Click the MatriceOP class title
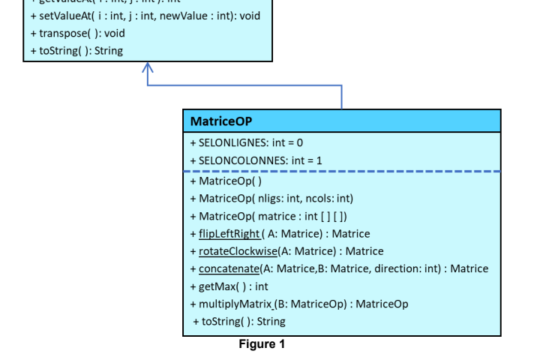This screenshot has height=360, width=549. coord(221,121)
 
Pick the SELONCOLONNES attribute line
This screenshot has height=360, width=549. coord(256,160)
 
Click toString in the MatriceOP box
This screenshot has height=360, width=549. coord(238,322)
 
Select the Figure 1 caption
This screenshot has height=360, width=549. coord(262,344)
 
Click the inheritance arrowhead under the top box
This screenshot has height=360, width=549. coord(148,69)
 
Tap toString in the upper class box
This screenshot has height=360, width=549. coord(76,51)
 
